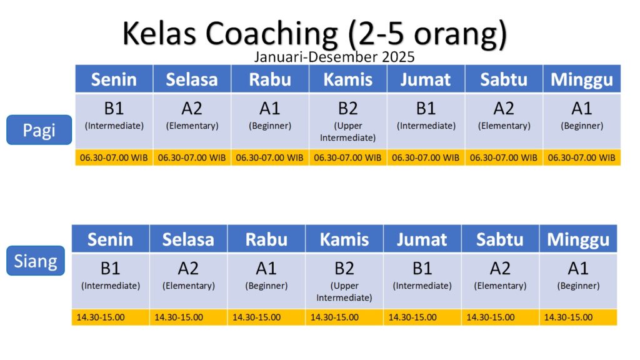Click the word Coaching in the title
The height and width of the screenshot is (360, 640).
coord(271,34)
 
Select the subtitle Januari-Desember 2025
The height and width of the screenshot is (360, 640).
coord(334,57)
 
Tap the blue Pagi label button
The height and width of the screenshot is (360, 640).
coord(39,130)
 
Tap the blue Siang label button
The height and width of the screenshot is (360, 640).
coord(36,261)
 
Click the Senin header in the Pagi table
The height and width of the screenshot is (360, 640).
coord(114,79)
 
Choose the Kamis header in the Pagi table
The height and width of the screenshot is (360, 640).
coord(347,79)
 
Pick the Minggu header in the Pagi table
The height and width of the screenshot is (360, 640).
coord(582,80)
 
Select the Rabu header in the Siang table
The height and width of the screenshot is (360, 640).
coord(266,239)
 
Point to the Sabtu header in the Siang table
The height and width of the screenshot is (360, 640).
coord(499,239)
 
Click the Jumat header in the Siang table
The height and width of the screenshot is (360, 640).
coord(422,239)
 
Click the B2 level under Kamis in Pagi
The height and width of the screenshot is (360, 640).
coord(347,109)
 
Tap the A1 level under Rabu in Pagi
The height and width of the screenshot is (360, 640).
coord(270,109)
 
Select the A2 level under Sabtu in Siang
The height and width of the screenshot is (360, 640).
coord(500,269)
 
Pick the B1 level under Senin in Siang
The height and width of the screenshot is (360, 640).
coord(110,269)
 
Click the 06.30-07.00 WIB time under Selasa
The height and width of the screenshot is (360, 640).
coord(192,157)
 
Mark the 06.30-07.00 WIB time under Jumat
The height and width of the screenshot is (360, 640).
coord(426,157)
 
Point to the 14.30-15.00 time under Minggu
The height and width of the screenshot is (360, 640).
coord(568,317)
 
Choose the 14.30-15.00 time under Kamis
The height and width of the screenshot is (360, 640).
coord(334,317)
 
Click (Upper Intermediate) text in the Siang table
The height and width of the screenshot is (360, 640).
coord(344,291)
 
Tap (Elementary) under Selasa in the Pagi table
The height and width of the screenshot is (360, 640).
coord(192,126)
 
